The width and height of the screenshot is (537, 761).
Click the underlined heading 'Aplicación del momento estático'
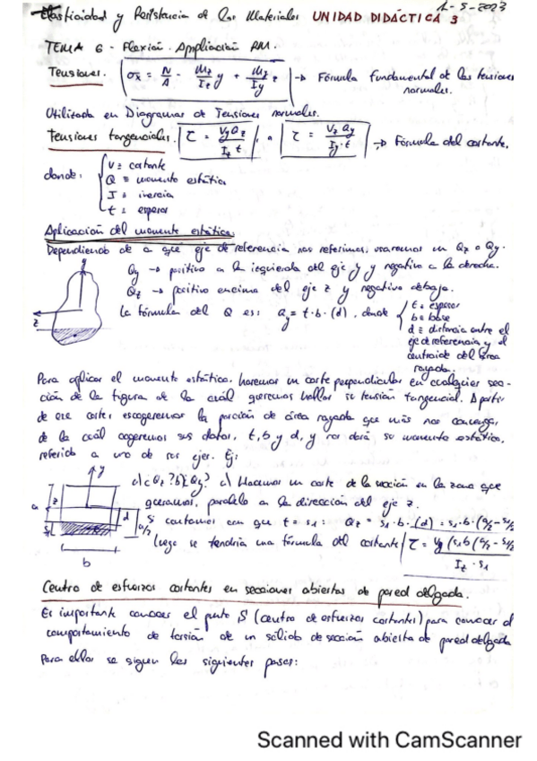(126, 232)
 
